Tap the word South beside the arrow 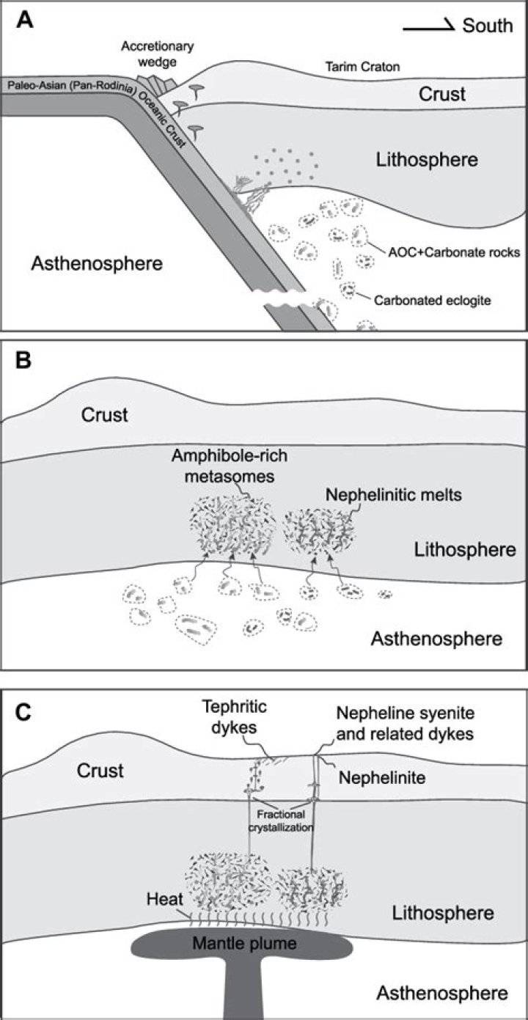487,26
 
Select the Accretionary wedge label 156,53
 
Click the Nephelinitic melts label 393,494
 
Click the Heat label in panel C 163,899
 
